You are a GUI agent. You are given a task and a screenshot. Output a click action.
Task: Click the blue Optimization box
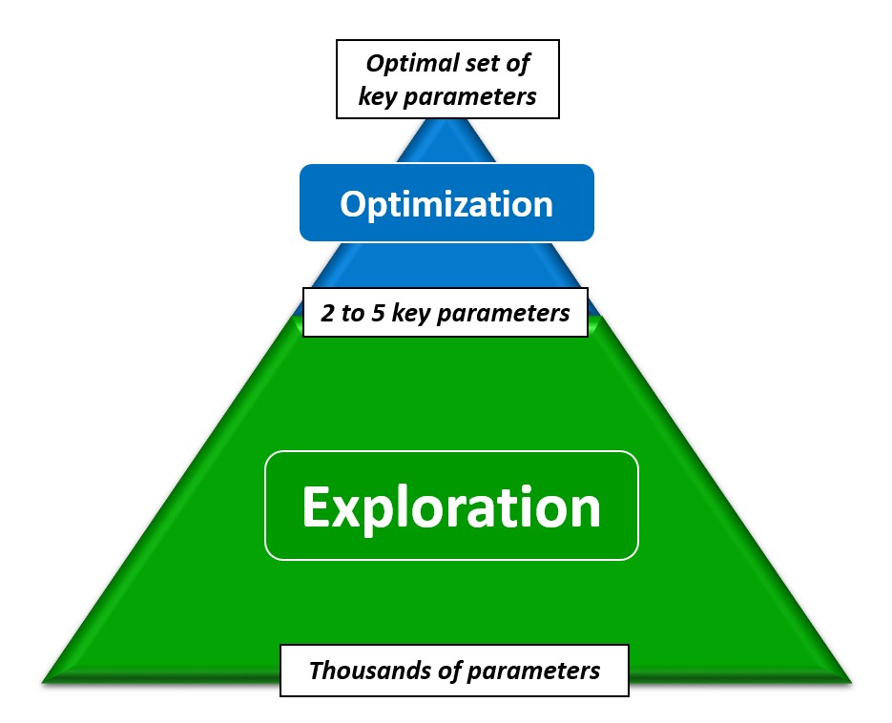[x=446, y=203]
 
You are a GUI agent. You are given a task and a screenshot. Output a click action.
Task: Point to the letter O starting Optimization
[x=354, y=204]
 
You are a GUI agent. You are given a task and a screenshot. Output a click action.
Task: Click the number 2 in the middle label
[x=327, y=314]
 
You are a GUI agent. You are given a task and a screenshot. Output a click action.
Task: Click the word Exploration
[x=450, y=506]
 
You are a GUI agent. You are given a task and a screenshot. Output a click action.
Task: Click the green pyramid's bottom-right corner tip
[x=848, y=681]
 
